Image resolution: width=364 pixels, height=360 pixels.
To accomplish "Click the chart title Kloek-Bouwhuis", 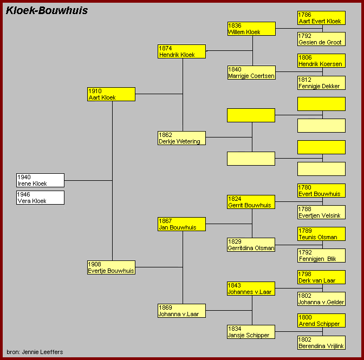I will click(x=47, y=11).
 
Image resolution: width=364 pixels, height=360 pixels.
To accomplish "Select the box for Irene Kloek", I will click(x=40, y=180).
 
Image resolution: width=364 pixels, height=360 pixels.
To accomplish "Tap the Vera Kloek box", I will click(x=40, y=198).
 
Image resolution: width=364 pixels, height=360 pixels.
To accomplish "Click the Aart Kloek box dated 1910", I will click(x=111, y=94).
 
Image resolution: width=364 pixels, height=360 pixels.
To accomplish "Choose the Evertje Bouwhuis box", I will click(x=111, y=267).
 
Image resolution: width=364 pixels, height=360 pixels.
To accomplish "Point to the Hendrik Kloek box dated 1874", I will click(x=181, y=51).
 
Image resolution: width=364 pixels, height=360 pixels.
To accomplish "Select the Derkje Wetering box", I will click(x=181, y=138).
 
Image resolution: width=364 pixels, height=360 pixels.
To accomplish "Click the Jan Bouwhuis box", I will click(x=181, y=224).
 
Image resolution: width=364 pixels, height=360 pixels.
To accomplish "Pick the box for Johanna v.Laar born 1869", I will click(x=181, y=311).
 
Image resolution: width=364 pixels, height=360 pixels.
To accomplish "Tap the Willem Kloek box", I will click(x=251, y=29).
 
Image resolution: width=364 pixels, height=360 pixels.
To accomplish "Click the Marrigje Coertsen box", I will click(x=251, y=73).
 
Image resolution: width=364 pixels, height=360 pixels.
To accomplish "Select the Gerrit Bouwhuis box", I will click(x=251, y=202).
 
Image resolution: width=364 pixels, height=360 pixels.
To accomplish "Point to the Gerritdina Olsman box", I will click(x=251, y=245).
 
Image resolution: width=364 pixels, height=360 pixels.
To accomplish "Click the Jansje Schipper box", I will click(x=251, y=332).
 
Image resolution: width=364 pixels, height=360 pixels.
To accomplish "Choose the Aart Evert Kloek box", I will click(x=321, y=18).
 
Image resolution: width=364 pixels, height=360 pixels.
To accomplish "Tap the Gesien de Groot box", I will click(x=321, y=39).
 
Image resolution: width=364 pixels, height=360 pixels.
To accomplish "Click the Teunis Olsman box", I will click(x=321, y=234).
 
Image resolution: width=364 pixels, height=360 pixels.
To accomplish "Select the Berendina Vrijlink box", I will click(x=321, y=343).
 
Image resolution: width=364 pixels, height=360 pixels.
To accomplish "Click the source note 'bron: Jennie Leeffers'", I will click(x=35, y=352).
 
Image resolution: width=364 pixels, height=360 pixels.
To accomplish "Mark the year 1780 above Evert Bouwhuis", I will click(x=305, y=187).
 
